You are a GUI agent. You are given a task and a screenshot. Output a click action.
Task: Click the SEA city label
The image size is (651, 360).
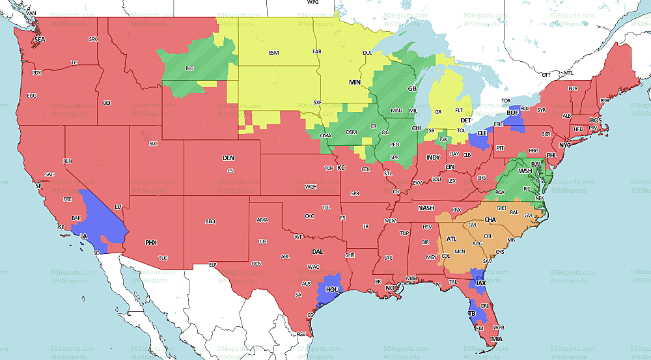click(40, 40)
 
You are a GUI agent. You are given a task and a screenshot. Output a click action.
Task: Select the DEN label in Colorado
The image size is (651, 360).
click(229, 158)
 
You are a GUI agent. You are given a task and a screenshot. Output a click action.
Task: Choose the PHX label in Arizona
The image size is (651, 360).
click(151, 242)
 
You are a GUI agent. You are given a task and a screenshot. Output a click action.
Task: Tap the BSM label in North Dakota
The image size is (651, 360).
click(274, 53)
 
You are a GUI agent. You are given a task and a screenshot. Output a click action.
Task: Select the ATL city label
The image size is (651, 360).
click(451, 239)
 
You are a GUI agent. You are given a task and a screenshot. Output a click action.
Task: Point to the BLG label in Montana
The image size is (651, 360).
click(189, 68)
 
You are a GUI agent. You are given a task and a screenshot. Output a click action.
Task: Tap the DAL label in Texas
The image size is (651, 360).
click(318, 251)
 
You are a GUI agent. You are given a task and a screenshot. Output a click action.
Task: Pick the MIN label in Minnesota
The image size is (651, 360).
click(355, 83)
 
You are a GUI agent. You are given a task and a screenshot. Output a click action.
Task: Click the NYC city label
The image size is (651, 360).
click(564, 145)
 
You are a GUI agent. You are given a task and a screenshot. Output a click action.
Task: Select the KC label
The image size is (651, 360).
click(340, 167)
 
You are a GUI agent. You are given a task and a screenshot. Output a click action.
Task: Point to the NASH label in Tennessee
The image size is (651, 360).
click(426, 208)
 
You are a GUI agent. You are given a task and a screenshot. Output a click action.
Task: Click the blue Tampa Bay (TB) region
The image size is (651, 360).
click(471, 313)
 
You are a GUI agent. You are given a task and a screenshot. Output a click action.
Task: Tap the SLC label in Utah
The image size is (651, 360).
click(154, 143)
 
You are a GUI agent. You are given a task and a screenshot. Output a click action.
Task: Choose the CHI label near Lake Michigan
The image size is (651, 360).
click(416, 128)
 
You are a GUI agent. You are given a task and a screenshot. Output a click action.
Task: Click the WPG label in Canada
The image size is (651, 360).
click(312, 3)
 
